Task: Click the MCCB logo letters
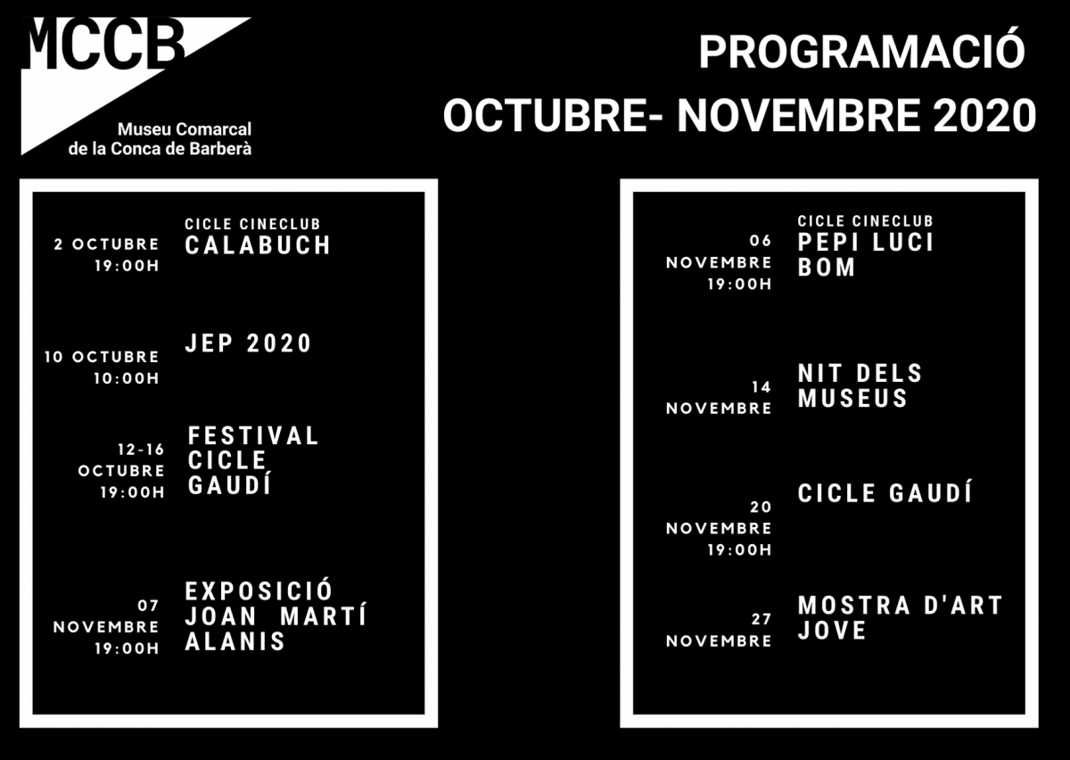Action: coord(103,44)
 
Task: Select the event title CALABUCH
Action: coord(258,245)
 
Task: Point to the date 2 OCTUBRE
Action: coord(106,244)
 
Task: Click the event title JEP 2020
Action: coord(248,343)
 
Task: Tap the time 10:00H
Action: coord(126,378)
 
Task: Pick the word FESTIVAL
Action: coord(253,436)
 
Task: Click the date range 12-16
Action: coord(141,450)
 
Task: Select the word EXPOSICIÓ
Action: coord(259,591)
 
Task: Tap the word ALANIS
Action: coord(235,641)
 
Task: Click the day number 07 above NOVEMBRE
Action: coord(148,606)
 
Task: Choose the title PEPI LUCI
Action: coord(866,243)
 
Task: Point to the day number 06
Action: coord(761,241)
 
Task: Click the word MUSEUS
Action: coord(852,398)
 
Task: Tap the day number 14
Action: coord(761,387)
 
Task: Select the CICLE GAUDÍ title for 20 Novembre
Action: coord(885,492)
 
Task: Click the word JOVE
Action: coord(832,631)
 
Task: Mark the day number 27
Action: coord(761,619)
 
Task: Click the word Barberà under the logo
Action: coord(220,149)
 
